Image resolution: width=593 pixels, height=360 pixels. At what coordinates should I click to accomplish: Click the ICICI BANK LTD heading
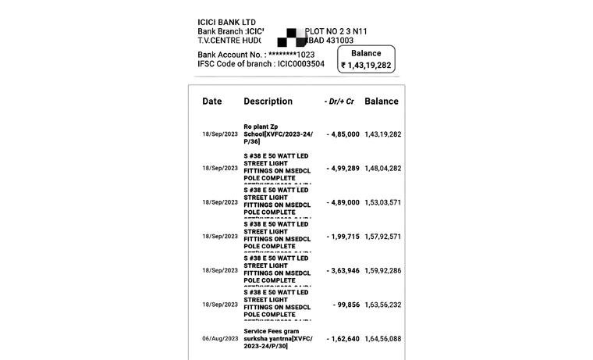[x=226, y=22]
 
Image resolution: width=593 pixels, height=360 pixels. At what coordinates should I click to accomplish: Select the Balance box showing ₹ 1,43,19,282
[x=366, y=59]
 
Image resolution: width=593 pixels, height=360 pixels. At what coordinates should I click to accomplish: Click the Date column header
[x=212, y=102]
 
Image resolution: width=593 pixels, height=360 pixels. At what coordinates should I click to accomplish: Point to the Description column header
[x=268, y=102]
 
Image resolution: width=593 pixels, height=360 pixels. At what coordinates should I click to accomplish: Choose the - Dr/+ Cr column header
[x=339, y=102]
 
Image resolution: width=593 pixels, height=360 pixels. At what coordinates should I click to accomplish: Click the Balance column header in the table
[x=382, y=102]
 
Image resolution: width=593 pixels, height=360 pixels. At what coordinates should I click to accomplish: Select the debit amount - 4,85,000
[x=343, y=134]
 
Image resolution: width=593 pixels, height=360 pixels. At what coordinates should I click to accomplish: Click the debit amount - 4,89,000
[x=343, y=202]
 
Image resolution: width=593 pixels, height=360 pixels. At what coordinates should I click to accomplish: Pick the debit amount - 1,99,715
[x=343, y=237]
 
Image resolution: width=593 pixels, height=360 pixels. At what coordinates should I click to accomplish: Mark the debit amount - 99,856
[x=346, y=305]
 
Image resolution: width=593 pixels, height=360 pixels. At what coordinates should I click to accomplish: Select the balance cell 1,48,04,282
[x=383, y=168]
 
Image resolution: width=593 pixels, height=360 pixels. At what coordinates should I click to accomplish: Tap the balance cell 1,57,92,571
[x=383, y=237]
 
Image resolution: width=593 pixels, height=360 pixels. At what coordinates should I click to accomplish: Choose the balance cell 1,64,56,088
[x=383, y=339]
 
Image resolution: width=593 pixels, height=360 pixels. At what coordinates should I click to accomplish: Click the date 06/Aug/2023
[x=220, y=339]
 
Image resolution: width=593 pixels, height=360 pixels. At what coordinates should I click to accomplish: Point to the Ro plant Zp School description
[x=278, y=134]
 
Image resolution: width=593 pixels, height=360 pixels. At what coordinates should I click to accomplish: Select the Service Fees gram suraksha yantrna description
[x=278, y=339]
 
